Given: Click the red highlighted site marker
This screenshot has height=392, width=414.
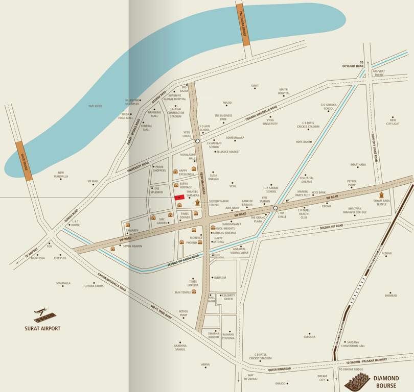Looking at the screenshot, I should point(179,198).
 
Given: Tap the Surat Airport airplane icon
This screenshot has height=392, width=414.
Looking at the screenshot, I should point(45,315).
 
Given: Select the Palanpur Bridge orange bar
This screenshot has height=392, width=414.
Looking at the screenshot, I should point(243,24).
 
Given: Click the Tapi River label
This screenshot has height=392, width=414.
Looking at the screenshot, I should point(95,106).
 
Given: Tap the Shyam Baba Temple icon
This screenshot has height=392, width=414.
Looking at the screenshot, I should point(381,195).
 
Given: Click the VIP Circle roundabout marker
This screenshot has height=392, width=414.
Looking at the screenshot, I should point(275,208).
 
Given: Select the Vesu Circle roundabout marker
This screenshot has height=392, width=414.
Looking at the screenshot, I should point(197,140).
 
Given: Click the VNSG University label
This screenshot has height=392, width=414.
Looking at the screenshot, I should point(270,122).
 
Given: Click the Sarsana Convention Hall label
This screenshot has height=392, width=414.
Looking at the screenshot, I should point(353,344).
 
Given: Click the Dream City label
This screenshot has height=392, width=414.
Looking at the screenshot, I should point(322,378).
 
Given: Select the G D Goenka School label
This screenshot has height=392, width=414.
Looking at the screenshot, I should point(328,107).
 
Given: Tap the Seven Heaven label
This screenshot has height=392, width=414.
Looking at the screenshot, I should point(132,246).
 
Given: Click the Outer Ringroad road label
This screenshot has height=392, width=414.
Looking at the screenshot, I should point(280,369).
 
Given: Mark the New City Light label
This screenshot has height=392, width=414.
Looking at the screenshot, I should point(393,122).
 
